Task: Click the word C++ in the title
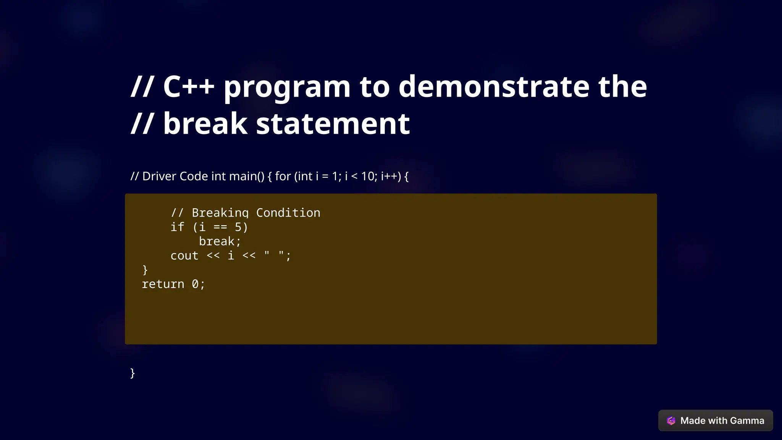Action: click(189, 86)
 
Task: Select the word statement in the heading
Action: click(333, 124)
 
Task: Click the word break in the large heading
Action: click(205, 124)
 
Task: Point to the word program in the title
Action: click(287, 87)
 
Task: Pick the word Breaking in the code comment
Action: click(220, 213)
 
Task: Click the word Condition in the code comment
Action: click(288, 213)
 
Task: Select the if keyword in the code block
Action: click(177, 227)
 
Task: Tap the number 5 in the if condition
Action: click(238, 227)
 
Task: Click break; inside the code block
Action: click(220, 241)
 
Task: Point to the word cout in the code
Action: click(184, 256)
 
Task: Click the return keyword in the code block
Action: click(163, 284)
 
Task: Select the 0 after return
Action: click(195, 284)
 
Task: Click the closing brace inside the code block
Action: click(145, 270)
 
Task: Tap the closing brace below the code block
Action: click(132, 373)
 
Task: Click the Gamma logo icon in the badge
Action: click(671, 421)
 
